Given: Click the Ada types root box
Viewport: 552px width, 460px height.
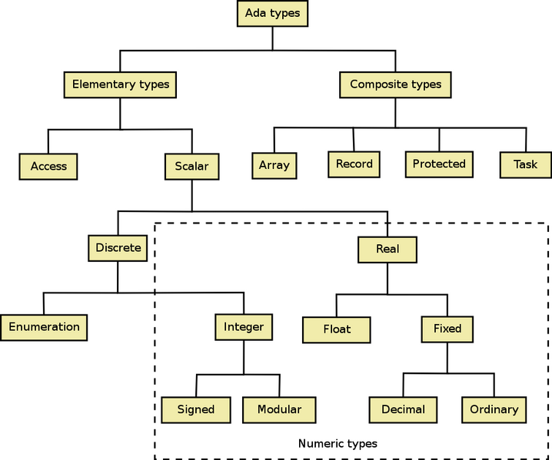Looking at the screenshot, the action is click(x=272, y=13).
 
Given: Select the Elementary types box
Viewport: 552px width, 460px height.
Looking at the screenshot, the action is click(x=120, y=84).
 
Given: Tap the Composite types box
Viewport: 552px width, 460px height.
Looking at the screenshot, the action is click(x=395, y=84).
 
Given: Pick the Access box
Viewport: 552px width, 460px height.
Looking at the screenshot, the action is click(x=48, y=167).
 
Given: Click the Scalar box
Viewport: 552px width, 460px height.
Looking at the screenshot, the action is click(x=192, y=167).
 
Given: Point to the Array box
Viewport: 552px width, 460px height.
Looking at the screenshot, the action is click(x=274, y=166).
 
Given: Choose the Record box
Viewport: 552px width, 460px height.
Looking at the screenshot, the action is click(x=354, y=164).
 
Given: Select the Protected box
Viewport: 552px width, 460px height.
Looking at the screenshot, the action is click(x=439, y=164).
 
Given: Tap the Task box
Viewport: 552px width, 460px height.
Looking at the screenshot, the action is click(x=526, y=165).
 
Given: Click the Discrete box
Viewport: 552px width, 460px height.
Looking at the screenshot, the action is click(x=118, y=248).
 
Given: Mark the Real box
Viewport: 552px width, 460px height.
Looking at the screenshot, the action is click(x=387, y=250).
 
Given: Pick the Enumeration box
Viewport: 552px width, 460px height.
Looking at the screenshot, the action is click(x=44, y=327).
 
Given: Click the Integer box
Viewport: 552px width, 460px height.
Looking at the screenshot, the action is click(x=244, y=327).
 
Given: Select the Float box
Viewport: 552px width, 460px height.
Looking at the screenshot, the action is click(x=336, y=330).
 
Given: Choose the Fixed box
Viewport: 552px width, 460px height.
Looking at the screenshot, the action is click(x=447, y=329).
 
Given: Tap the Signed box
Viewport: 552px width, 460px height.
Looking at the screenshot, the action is click(x=196, y=410).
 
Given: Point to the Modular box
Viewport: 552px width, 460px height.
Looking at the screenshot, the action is click(x=279, y=410).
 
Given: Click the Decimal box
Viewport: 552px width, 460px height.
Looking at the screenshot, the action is click(x=403, y=410).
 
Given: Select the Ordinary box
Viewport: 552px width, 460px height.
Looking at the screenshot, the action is click(x=494, y=410).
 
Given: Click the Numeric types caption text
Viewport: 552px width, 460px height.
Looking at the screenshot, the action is click(x=338, y=444).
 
